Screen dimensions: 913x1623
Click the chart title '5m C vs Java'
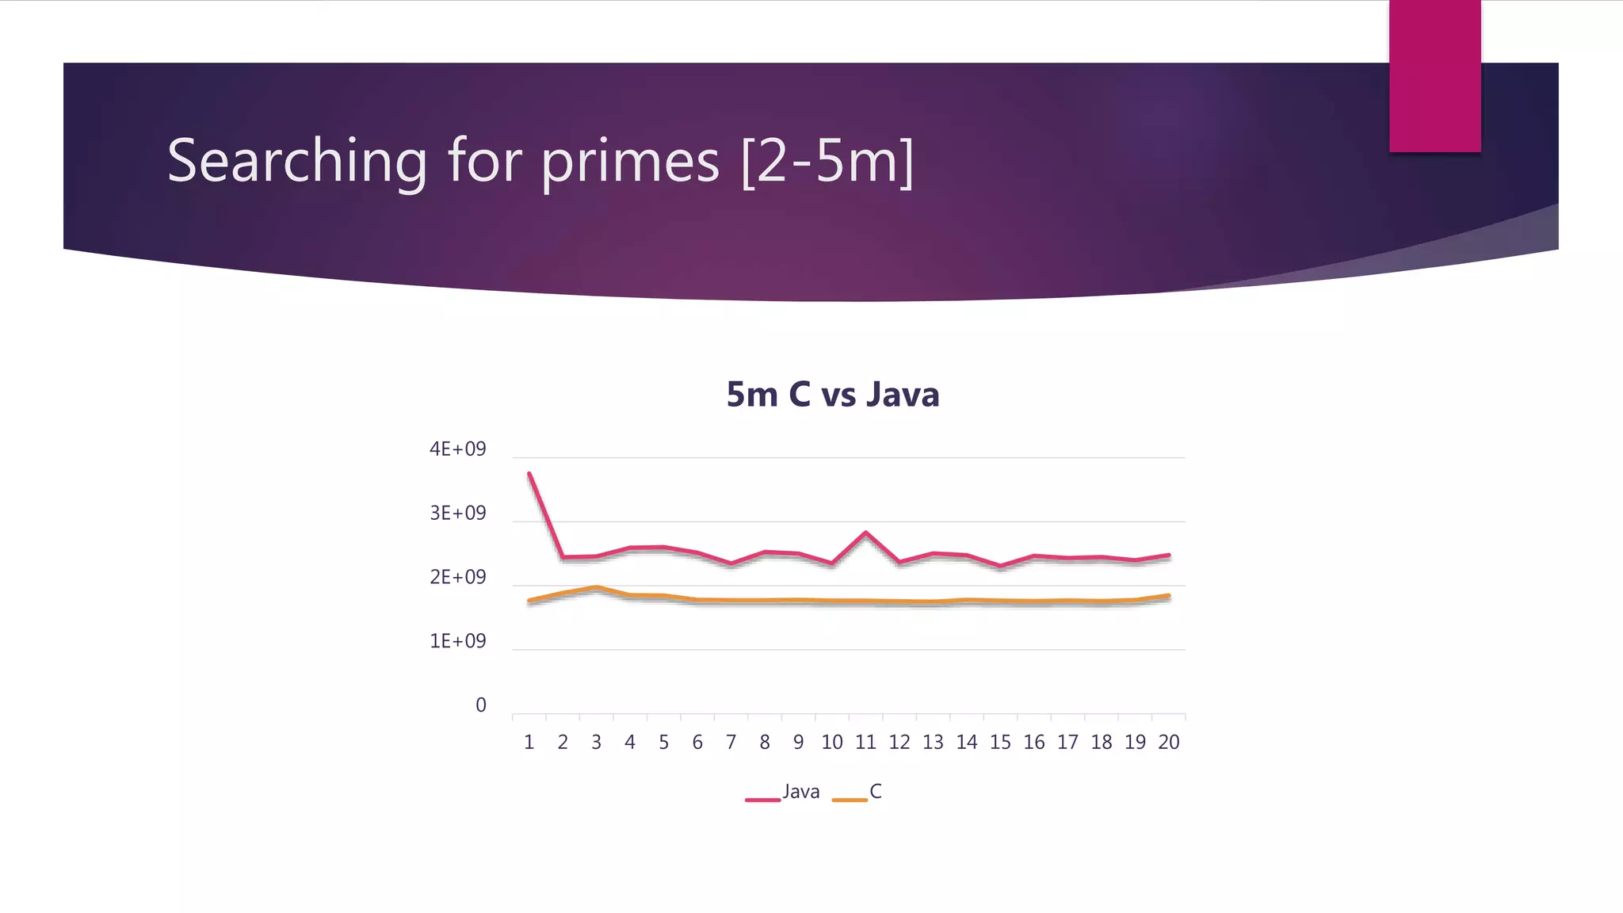832,395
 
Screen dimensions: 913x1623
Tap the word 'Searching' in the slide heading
297,161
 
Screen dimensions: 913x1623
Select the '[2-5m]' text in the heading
827,161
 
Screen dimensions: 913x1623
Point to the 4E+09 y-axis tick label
457,449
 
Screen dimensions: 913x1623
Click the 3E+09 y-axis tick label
457,514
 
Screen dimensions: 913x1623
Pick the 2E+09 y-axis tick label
457,578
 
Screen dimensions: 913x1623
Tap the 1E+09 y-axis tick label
457,641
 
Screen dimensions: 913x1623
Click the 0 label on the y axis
481,705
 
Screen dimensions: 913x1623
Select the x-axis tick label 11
865,743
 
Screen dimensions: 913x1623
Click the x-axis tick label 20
1169,743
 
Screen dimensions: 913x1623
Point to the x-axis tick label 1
529,743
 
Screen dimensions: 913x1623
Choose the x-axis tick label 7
731,743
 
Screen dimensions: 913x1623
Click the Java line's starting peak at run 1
529,474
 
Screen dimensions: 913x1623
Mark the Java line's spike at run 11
865,533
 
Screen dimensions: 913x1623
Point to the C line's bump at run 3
596,587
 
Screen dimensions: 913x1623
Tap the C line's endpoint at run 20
1169,595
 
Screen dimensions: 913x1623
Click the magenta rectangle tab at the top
1434,75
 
